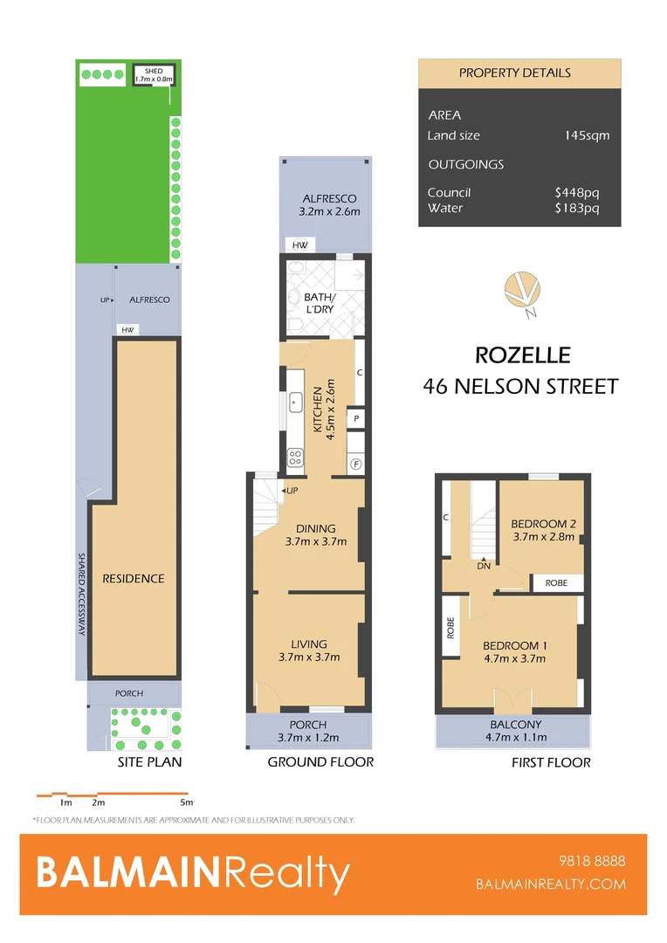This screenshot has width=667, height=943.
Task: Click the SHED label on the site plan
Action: coord(154,71)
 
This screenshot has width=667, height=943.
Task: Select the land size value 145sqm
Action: coord(587,135)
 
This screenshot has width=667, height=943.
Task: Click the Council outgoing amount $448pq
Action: coord(577,192)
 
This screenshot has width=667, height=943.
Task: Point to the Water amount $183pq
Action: coord(577,208)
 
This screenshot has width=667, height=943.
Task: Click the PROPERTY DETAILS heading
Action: coord(515,72)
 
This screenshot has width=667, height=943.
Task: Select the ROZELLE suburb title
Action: coord(523,355)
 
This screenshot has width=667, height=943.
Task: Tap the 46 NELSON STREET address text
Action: coord(520,386)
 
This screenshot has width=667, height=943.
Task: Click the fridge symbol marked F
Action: coord(355,464)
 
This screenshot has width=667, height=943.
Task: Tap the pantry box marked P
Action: coord(356,420)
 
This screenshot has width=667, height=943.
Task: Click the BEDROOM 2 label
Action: coord(543,524)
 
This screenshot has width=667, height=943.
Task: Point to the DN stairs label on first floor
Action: coord(484,565)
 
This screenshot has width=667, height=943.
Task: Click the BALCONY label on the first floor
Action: coord(514,724)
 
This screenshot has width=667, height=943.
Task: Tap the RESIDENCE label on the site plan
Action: coord(134,578)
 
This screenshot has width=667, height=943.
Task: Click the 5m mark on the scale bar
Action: coord(186,802)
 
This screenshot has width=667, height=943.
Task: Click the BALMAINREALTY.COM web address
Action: coord(551,884)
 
